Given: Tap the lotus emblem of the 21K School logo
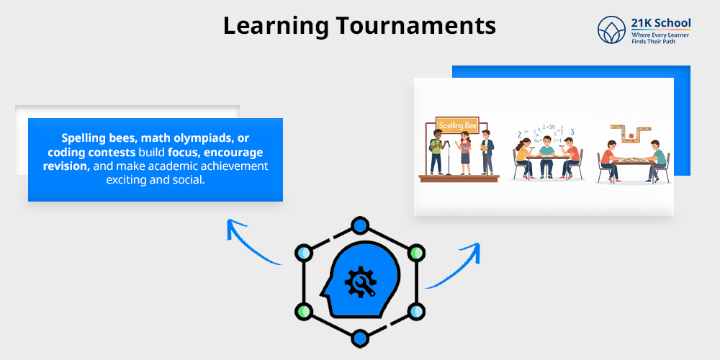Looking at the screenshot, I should [612, 30].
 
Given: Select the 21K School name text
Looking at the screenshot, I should [660, 23].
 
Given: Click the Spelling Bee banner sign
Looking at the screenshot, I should [457, 125].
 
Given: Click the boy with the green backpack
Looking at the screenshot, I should [437, 151].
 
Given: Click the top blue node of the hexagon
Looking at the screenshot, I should [359, 226].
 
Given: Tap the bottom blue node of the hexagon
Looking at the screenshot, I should [359, 336].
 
